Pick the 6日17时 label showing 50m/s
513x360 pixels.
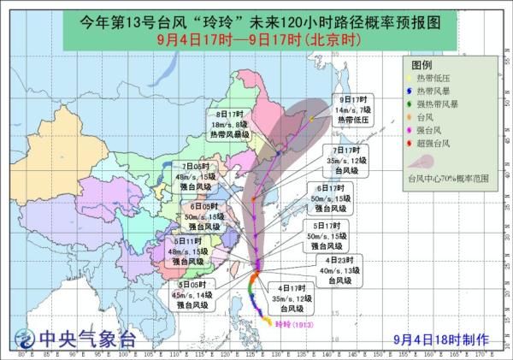coord(328,197)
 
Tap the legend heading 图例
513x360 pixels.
coord(422,66)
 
